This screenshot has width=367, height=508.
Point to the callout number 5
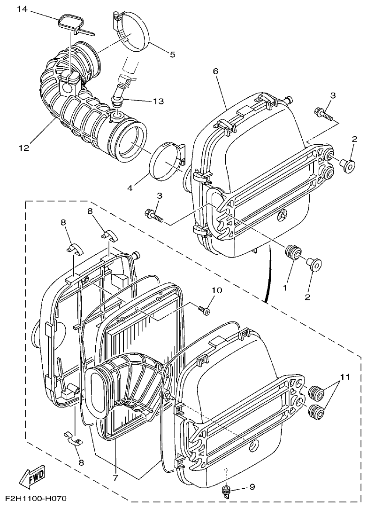[172, 55]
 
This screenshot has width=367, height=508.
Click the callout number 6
[215, 71]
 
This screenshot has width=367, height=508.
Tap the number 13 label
[158, 101]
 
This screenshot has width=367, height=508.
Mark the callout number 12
[24, 148]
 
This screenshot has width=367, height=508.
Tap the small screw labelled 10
[204, 311]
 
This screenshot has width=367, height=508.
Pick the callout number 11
[345, 377]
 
